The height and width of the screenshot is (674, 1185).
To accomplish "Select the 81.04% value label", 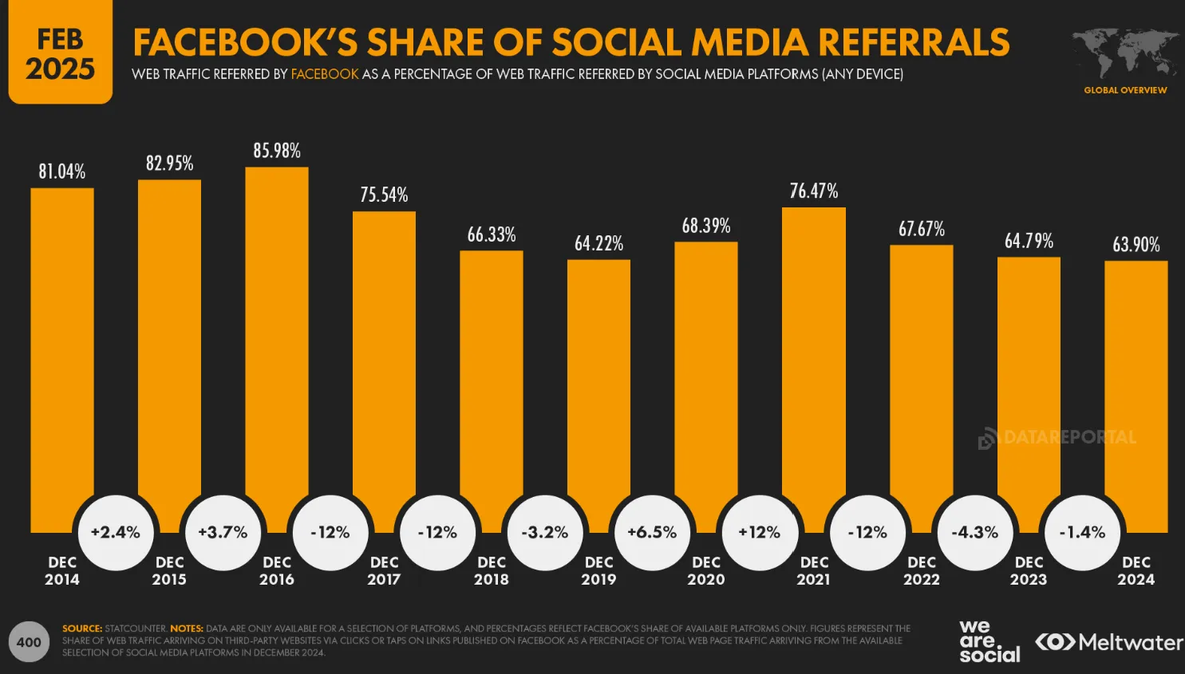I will click(62, 171).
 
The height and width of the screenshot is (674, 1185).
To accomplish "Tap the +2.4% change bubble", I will click(116, 532).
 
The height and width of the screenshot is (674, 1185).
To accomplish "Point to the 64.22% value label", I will click(598, 243).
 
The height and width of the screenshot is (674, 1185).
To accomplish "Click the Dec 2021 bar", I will click(813, 359).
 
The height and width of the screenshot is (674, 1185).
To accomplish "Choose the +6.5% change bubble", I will click(652, 532).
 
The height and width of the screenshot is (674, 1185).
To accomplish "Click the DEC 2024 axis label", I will click(1136, 571).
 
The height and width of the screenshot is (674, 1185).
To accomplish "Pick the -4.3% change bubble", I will click(974, 532).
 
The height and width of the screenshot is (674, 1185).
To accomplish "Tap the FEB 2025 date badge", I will click(60, 53).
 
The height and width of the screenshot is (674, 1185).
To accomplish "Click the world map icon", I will click(1125, 53).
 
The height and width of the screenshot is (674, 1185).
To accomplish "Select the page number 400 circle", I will click(29, 642).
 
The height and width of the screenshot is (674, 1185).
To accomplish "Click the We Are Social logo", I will click(989, 641).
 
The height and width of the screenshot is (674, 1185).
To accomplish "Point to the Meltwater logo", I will click(1109, 642).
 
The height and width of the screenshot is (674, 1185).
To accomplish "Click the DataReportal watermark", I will click(1057, 438).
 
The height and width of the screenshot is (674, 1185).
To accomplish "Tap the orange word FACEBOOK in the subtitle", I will click(325, 74).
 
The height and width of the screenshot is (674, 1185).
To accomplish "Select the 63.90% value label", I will click(1136, 245).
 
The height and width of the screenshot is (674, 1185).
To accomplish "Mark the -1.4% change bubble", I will click(1082, 532).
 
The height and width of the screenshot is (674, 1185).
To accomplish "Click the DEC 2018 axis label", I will click(491, 571).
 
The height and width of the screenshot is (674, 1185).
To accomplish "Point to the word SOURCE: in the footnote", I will click(82, 629).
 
